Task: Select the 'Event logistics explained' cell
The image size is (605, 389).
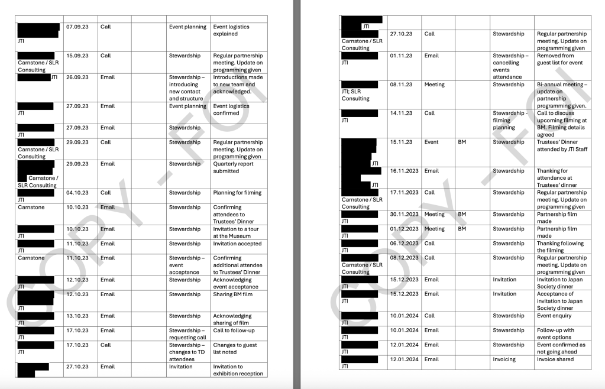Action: pos(231,30)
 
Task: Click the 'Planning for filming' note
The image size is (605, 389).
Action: pos(237,193)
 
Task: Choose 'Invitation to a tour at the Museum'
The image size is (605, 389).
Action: pos(234,232)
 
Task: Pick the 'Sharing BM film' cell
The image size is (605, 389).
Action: pos(232,294)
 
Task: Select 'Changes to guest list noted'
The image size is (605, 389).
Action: pos(235,349)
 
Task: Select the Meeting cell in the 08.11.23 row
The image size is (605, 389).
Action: pos(434,85)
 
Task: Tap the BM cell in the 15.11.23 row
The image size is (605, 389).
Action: pos(462,142)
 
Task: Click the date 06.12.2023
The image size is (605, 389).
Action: pos(404,244)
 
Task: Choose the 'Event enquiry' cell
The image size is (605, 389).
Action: pos(554,316)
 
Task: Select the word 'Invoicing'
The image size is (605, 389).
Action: pos(504,359)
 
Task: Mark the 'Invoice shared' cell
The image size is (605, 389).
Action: pos(555,359)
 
